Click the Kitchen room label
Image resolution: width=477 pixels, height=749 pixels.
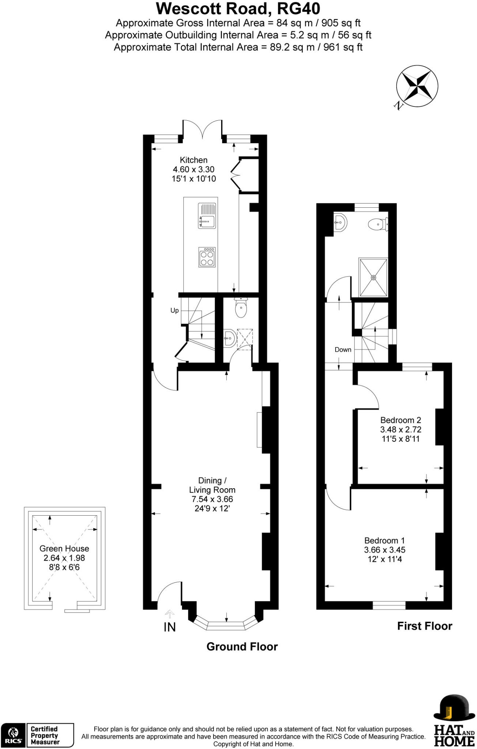(193, 160)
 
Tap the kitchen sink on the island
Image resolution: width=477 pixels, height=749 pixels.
(207, 216)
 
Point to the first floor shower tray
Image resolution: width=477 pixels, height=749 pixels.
(373, 278)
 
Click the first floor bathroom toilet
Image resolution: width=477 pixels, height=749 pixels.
(376, 223)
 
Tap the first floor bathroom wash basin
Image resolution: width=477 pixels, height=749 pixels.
(340, 222)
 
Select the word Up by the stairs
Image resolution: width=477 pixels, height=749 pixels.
(174, 310)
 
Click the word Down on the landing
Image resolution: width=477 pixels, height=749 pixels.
(343, 350)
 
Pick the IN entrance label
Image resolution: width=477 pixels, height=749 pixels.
(170, 627)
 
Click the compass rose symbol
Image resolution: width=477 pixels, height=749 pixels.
(417, 86)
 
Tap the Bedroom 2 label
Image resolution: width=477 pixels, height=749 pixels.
(401, 420)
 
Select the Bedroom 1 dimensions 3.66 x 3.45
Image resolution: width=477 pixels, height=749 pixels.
(385, 550)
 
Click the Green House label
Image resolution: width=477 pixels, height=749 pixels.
(64, 549)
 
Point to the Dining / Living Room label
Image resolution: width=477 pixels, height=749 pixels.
(212, 485)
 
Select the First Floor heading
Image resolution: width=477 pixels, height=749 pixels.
(424, 626)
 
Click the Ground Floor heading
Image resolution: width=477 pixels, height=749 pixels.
(242, 647)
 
